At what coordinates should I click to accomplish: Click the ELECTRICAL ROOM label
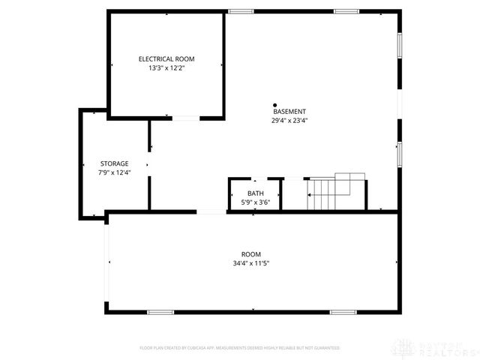[166, 58]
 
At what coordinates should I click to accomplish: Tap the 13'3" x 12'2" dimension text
[166, 67]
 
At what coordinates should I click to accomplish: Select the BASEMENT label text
[289, 112]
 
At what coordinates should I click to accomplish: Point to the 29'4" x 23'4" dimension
[289, 120]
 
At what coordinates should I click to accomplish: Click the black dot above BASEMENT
[275, 105]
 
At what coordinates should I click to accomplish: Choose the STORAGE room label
[115, 163]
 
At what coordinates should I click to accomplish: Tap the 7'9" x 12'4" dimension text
[115, 172]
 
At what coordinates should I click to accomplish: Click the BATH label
[255, 193]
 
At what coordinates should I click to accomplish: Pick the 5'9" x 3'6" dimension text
[255, 202]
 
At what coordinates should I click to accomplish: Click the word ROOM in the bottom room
[251, 253]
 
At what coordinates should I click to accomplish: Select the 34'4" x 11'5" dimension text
[251, 262]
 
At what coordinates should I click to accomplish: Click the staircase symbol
[334, 192]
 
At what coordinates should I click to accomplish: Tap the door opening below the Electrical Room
[186, 118]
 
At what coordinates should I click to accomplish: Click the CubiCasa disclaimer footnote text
[240, 348]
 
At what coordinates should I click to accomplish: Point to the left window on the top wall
[241, 11]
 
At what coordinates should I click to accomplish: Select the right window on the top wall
[346, 11]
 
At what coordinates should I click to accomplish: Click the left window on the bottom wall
[160, 312]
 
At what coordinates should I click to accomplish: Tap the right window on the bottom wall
[343, 312]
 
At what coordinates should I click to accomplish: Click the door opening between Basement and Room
[211, 212]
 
